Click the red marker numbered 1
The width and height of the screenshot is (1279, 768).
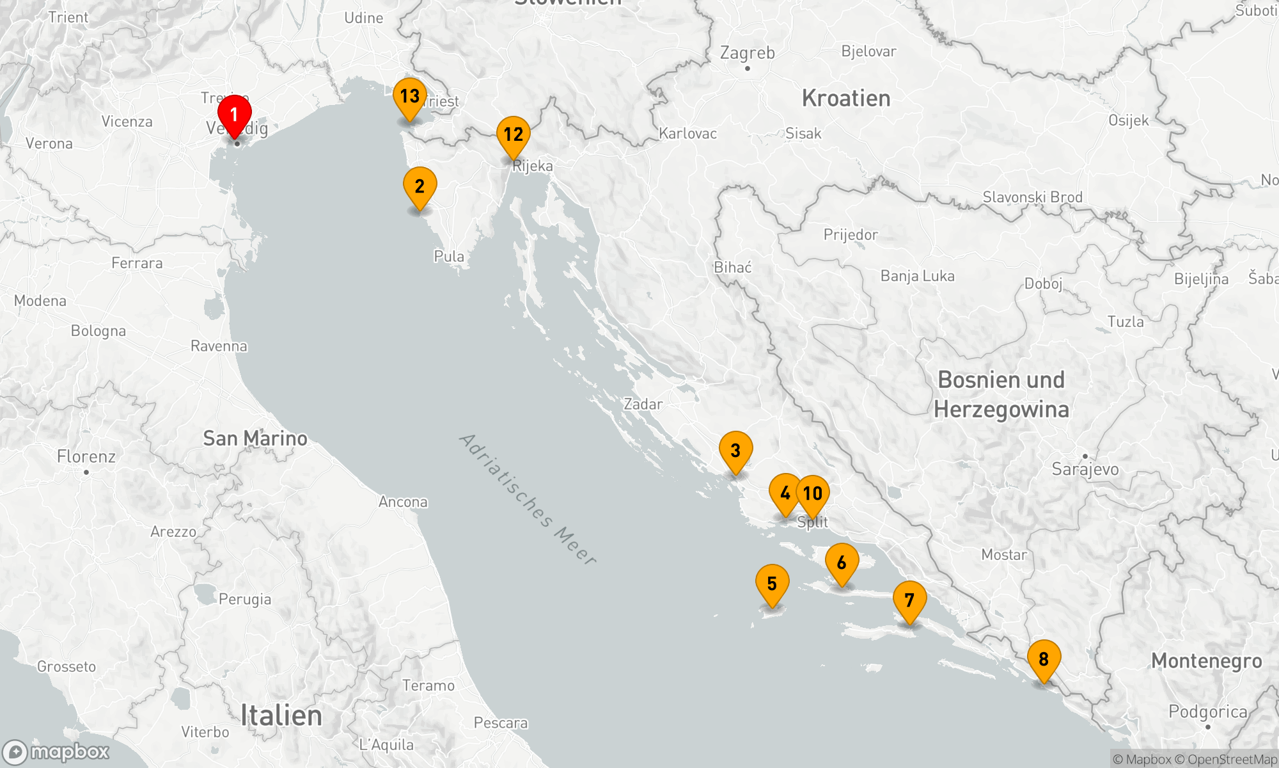click(234, 115)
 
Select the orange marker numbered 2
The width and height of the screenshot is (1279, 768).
click(420, 187)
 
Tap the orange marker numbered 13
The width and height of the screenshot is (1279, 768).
click(409, 97)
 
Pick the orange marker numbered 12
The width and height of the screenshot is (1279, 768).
click(513, 135)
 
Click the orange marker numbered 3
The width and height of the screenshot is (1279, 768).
click(735, 451)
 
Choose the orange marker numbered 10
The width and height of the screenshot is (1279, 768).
click(813, 494)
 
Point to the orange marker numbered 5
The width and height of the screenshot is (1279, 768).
click(772, 584)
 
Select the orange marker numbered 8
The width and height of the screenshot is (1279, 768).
click(1044, 660)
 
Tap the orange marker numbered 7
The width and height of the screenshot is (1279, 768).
click(909, 601)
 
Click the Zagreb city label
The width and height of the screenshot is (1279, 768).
click(747, 53)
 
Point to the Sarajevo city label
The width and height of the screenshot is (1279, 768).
click(1085, 469)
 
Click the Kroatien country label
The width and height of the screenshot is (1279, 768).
click(846, 99)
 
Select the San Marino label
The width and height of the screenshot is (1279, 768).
click(255, 438)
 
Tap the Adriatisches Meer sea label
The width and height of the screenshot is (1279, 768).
click(528, 499)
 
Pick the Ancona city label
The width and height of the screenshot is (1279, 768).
click(403, 502)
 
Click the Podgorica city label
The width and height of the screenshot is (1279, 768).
click(1207, 712)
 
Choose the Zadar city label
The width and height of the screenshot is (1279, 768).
click(643, 404)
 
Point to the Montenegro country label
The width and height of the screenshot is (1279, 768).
click(1206, 661)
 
